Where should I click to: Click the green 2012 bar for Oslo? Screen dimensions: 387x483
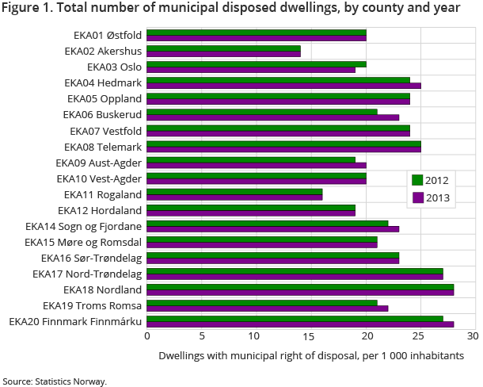tap(256, 64)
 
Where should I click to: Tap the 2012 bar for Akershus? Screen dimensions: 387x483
tap(223, 48)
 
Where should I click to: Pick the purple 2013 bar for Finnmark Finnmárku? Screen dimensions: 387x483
tap(300, 324)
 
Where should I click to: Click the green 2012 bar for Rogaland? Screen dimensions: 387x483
tap(234, 191)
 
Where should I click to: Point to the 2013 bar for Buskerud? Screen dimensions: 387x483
tap(272, 117)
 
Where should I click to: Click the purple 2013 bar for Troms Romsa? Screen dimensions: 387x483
tap(267, 308)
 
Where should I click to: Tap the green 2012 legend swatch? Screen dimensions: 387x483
tap(418, 180)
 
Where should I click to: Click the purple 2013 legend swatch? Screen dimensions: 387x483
tap(418, 197)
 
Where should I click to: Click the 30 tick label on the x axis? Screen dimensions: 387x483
tap(473, 337)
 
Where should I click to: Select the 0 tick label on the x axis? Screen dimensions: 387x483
tap(147, 337)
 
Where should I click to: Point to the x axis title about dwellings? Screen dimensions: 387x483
tap(310, 355)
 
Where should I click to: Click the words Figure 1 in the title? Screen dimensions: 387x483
tap(27, 8)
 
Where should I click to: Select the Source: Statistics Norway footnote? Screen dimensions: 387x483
tap(54, 381)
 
